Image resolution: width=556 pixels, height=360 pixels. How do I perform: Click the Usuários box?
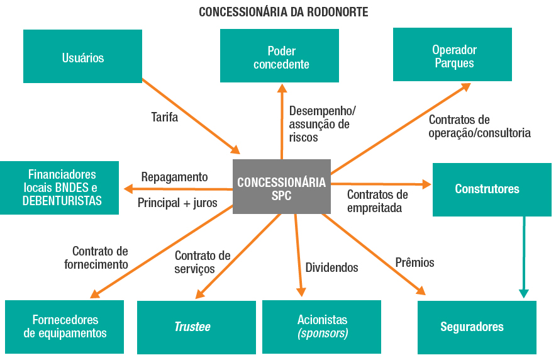pyautogui.click(x=82, y=57)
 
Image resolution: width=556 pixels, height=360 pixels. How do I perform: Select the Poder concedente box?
pyautogui.click(x=279, y=57)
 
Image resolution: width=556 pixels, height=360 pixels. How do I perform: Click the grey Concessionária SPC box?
pyautogui.click(x=281, y=188)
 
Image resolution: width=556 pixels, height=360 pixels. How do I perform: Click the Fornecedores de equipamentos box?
pyautogui.click(x=65, y=326)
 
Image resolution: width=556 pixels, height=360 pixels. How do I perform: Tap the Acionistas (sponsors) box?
pyautogui.click(x=321, y=326)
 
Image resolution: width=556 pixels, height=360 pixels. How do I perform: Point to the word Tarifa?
pyautogui.click(x=164, y=117)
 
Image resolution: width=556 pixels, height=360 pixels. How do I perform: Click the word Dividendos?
pyautogui.click(x=331, y=267)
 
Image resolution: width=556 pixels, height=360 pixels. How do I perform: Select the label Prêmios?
pyautogui.click(x=414, y=262)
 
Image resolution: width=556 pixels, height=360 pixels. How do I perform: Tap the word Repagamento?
pyautogui.click(x=174, y=177)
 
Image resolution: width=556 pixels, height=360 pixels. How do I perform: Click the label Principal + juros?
pyautogui.click(x=177, y=203)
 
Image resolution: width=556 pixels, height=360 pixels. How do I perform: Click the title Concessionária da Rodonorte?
pyautogui.click(x=283, y=12)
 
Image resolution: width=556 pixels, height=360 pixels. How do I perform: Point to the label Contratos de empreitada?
pyautogui.click(x=377, y=201)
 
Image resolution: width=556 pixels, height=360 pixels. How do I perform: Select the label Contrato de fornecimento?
pyautogui.click(x=96, y=257)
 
